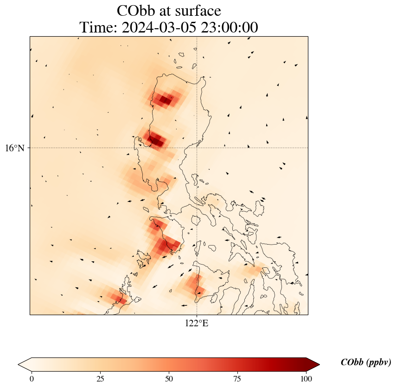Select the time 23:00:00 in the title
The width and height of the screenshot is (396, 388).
point(229,28)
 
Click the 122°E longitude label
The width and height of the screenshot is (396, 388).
point(197,323)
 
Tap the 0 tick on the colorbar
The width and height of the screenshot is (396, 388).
point(32,379)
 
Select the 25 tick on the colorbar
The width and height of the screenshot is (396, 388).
point(100,379)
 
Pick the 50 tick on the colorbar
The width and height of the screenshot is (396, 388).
point(169,379)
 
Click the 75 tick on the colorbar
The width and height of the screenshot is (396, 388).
point(237,379)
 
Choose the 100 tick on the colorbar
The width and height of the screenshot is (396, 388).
point(306,379)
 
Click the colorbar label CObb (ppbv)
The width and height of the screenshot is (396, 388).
point(366,362)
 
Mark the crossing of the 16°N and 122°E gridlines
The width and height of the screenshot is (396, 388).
point(197,148)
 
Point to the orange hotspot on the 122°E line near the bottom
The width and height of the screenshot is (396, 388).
point(194,283)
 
